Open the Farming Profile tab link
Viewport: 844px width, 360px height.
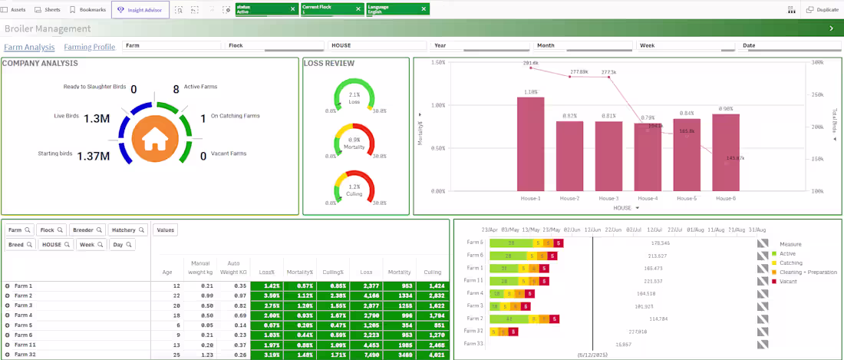click(90, 47)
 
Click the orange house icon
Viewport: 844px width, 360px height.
click(155, 139)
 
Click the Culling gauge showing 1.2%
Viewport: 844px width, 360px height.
click(354, 188)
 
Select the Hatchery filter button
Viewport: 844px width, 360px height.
click(127, 230)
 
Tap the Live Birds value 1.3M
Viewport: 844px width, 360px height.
click(97, 118)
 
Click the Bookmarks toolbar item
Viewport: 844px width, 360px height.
click(87, 10)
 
